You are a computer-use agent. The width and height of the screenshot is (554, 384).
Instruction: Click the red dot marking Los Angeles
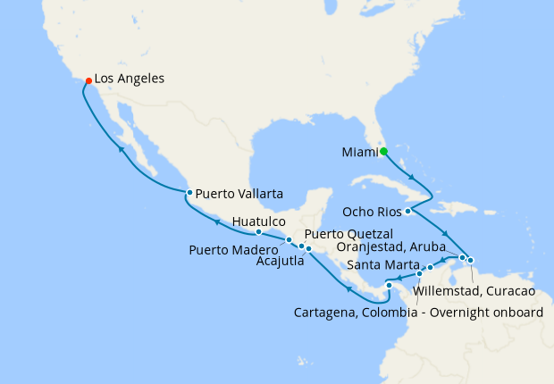(88, 81)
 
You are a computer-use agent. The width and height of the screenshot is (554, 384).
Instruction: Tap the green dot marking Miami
(383, 152)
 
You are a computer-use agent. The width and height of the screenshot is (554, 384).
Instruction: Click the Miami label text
(359, 152)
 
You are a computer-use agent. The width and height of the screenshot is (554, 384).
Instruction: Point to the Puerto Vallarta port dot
(189, 193)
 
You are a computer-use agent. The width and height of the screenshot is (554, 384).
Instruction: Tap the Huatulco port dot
(259, 232)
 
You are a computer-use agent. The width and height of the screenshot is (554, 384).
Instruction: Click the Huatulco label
(258, 220)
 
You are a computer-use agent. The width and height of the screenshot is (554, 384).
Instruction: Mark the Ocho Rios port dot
(407, 212)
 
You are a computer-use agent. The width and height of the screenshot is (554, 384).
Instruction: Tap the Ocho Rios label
(372, 212)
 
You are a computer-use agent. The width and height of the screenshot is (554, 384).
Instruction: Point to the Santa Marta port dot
(430, 267)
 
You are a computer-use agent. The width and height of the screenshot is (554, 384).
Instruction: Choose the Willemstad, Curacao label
(474, 291)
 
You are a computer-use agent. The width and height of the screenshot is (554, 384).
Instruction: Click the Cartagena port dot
(389, 286)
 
